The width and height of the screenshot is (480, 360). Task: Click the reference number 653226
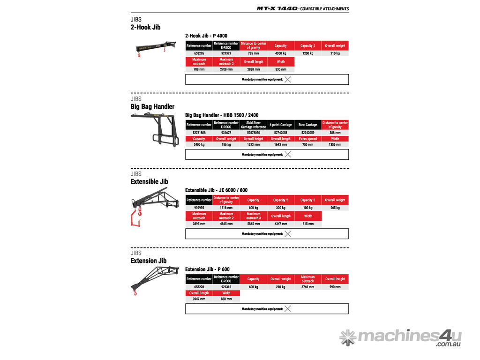[199, 53]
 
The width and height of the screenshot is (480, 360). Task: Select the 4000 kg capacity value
[280, 53]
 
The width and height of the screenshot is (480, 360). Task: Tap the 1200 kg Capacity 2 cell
[307, 53]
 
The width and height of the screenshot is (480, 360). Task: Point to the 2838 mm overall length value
[253, 69]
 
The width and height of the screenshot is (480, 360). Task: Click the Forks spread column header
[307, 139]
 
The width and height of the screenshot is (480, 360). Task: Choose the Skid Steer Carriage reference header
[253, 125]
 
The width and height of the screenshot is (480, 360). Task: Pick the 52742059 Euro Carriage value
[307, 133]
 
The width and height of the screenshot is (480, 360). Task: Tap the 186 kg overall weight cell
[226, 145]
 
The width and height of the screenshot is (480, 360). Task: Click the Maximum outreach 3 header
[253, 216]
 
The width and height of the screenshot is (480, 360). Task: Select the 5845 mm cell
[253, 224]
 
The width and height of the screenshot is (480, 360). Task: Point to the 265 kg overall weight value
[335, 208]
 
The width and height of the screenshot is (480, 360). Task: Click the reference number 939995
[199, 208]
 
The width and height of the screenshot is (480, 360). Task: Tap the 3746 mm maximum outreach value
[307, 287]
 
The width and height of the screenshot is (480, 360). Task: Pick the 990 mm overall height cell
[335, 287]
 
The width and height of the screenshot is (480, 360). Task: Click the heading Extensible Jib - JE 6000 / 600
[216, 190]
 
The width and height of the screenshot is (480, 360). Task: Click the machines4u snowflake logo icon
[348, 337]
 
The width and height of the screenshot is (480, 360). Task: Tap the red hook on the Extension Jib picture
[136, 293]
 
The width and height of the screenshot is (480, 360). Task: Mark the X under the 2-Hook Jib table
[288, 80]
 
